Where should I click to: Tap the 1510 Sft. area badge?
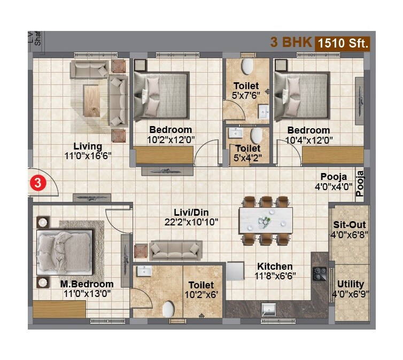pos(343,43)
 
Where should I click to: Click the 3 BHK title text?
pos(291,43)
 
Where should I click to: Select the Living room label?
pos(88,146)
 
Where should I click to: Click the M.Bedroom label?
pos(87,284)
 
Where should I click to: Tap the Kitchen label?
pos(275,266)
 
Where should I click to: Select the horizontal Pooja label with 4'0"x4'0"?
pos(334,177)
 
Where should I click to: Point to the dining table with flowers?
pos(266,221)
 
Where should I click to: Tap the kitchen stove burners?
pos(320,273)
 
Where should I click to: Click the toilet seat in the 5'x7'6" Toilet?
pos(247,67)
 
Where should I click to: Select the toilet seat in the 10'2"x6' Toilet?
pos(168,309)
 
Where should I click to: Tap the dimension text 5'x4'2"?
pos(247,158)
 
